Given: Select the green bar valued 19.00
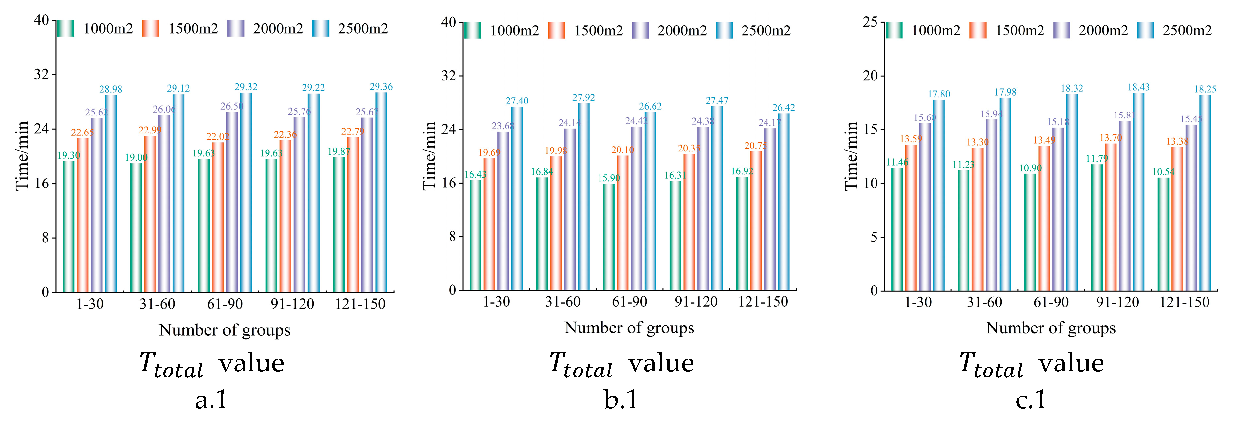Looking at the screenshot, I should (x=136, y=227).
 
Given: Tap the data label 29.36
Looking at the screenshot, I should (x=381, y=87).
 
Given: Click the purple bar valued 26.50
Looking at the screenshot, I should (x=232, y=202).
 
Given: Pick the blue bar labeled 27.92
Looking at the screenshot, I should (x=583, y=197).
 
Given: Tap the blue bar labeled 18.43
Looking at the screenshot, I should (x=1138, y=191).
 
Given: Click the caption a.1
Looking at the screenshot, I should (x=211, y=399).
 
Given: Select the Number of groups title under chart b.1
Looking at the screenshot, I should (x=629, y=328).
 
